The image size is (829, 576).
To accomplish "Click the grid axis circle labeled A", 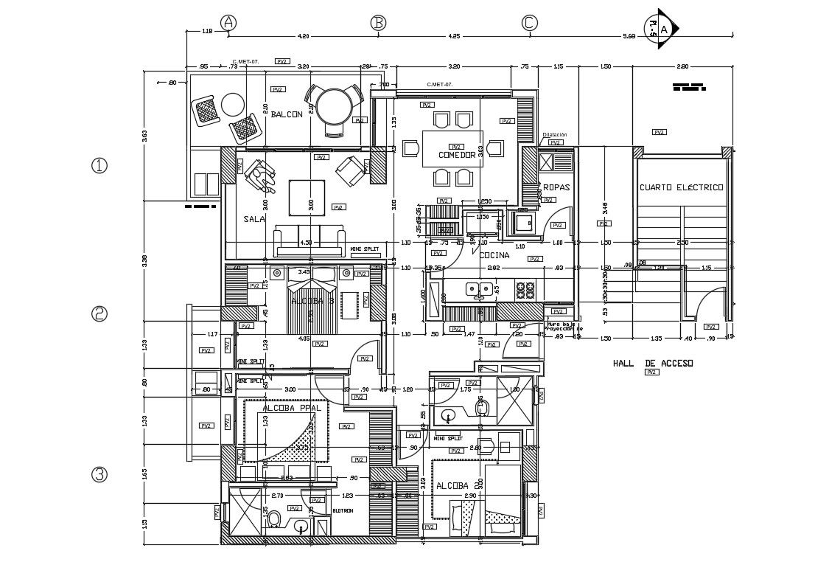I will [x=229, y=23].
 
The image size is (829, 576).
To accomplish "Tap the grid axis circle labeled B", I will [x=378, y=23].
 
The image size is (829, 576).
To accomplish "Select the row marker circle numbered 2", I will [x=99, y=314].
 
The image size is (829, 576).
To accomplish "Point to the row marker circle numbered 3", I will [x=99, y=475].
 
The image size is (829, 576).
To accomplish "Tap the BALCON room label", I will [x=287, y=114].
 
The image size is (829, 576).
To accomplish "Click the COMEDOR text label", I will [x=457, y=156].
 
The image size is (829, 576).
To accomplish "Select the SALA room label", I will [x=254, y=219].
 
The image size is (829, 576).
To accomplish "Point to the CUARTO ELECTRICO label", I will [x=681, y=187].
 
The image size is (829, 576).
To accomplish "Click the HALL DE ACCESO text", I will [x=652, y=364].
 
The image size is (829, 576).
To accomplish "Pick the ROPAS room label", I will [x=556, y=187].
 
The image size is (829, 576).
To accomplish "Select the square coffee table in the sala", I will [x=307, y=198].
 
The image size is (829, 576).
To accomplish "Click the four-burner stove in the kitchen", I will [x=525, y=290].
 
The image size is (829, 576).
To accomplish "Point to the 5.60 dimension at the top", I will [x=629, y=35].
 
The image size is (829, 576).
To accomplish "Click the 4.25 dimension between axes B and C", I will [x=453, y=35].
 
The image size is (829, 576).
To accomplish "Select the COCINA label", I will [x=494, y=255].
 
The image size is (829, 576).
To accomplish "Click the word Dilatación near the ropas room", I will [x=555, y=135].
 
